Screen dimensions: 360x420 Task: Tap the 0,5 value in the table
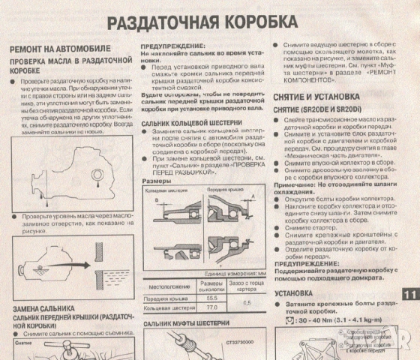[247, 302]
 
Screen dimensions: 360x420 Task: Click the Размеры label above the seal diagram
[154, 181]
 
